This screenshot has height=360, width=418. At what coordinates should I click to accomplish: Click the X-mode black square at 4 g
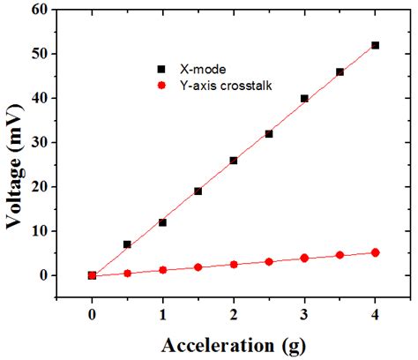pyautogui.click(x=376, y=45)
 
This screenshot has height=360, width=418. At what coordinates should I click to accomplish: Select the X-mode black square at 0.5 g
pyautogui.click(x=127, y=244)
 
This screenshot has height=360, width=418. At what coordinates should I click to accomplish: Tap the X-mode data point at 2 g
pyautogui.click(x=234, y=161)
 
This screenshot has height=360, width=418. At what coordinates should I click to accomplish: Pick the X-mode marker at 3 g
pyautogui.click(x=304, y=99)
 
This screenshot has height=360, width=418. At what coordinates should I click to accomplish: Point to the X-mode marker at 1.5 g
pyautogui.click(x=198, y=191)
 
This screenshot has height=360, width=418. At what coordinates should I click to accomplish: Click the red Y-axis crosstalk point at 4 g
pyautogui.click(x=376, y=252)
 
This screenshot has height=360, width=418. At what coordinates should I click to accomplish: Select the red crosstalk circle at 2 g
pyautogui.click(x=234, y=264)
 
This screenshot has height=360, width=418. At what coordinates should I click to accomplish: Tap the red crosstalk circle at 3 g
pyautogui.click(x=304, y=258)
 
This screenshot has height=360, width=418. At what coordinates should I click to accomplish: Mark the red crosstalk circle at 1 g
pyautogui.click(x=163, y=270)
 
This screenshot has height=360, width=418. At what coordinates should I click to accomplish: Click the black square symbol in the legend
pyautogui.click(x=160, y=68)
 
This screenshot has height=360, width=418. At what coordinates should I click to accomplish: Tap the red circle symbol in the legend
pyautogui.click(x=160, y=85)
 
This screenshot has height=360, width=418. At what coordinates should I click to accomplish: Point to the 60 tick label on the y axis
pyautogui.click(x=37, y=10)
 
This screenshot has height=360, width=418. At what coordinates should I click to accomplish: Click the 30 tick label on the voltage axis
pyautogui.click(x=37, y=143)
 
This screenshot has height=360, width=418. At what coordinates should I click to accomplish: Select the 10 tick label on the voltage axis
pyautogui.click(x=37, y=231)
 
